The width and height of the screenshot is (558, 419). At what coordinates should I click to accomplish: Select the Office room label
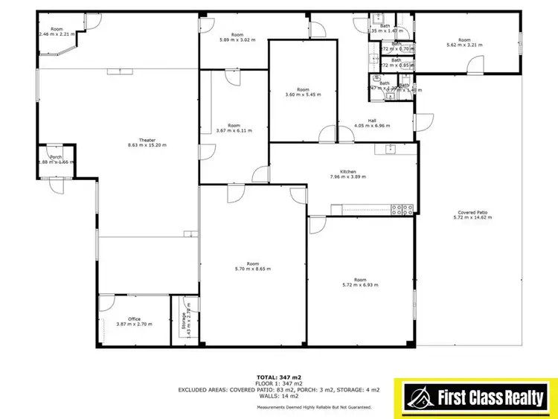134,319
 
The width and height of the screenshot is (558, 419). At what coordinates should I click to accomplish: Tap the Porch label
56,157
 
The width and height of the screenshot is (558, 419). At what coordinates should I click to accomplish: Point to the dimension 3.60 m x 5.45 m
302,95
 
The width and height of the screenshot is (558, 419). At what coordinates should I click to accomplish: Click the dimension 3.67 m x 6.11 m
234,130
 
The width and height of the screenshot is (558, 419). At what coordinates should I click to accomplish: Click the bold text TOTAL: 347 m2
280,377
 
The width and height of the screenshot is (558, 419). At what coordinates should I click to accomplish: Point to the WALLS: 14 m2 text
279,397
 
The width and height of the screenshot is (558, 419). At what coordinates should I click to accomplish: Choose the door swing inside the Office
106,302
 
